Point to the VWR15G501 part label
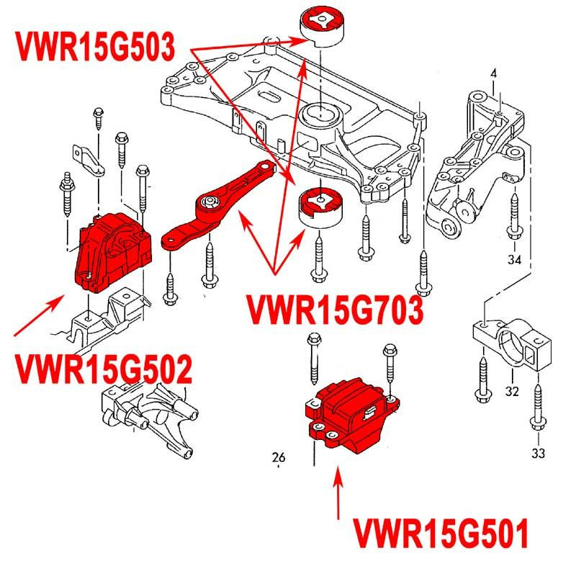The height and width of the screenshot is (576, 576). click(441, 534)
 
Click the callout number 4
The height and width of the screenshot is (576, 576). click(494, 73)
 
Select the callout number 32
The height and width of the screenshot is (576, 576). click(512, 392)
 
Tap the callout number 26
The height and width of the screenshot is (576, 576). click(279, 456)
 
